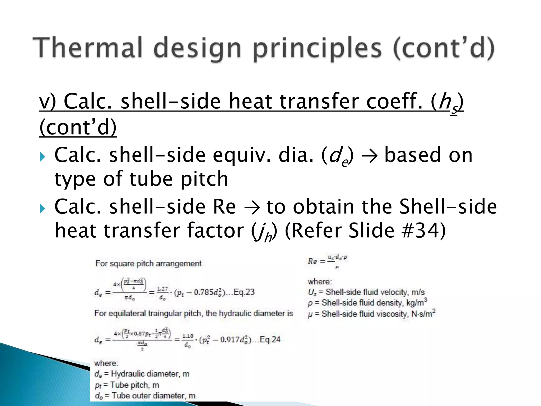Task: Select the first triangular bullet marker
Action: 42,157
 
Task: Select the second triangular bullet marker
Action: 42,209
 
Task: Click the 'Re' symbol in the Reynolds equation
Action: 312,261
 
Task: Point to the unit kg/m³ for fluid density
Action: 417,302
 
